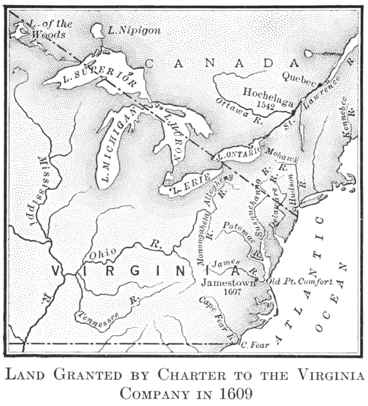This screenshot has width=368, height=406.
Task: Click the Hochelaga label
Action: pos(268,92)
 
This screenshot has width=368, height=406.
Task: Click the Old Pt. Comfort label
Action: pos(299,281)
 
